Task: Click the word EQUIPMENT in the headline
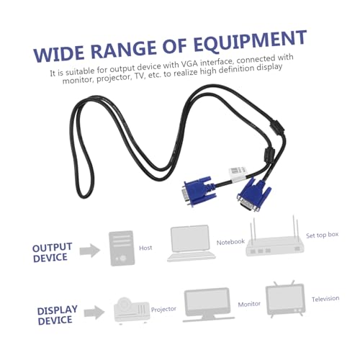point(250,42)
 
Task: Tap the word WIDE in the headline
point(59,54)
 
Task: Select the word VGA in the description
point(189,63)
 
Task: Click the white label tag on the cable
point(237,174)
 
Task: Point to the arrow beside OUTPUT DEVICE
point(90,251)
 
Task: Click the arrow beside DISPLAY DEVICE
point(94,312)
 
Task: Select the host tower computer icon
point(122,248)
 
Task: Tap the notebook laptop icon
point(191,243)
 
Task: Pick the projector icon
point(132,310)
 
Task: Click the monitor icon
point(208,305)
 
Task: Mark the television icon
point(286,298)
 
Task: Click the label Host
point(145,248)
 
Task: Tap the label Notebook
point(230,242)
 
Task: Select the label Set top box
point(322,235)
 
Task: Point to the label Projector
point(163,310)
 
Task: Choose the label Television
point(325,299)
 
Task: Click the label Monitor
point(249,305)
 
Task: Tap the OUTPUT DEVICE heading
point(52,253)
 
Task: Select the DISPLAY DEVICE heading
point(57,315)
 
